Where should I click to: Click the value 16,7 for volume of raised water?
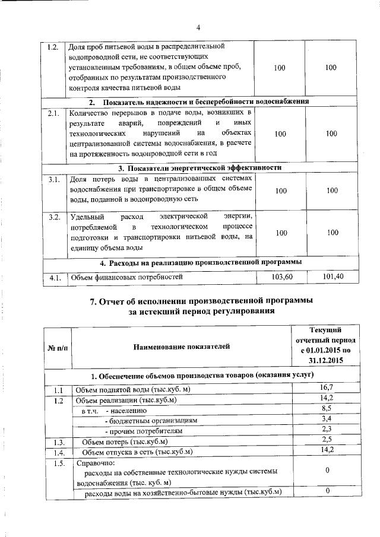click(325, 388)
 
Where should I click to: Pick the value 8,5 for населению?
click(325, 409)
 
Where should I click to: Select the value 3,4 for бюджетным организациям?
click(325, 420)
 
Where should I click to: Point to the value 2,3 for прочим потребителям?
click(325, 430)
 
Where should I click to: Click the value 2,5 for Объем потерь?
click(325, 441)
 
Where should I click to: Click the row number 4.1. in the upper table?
click(55, 277)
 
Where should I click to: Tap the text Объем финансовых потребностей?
click(124, 277)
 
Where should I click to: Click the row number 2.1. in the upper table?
click(55, 113)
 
